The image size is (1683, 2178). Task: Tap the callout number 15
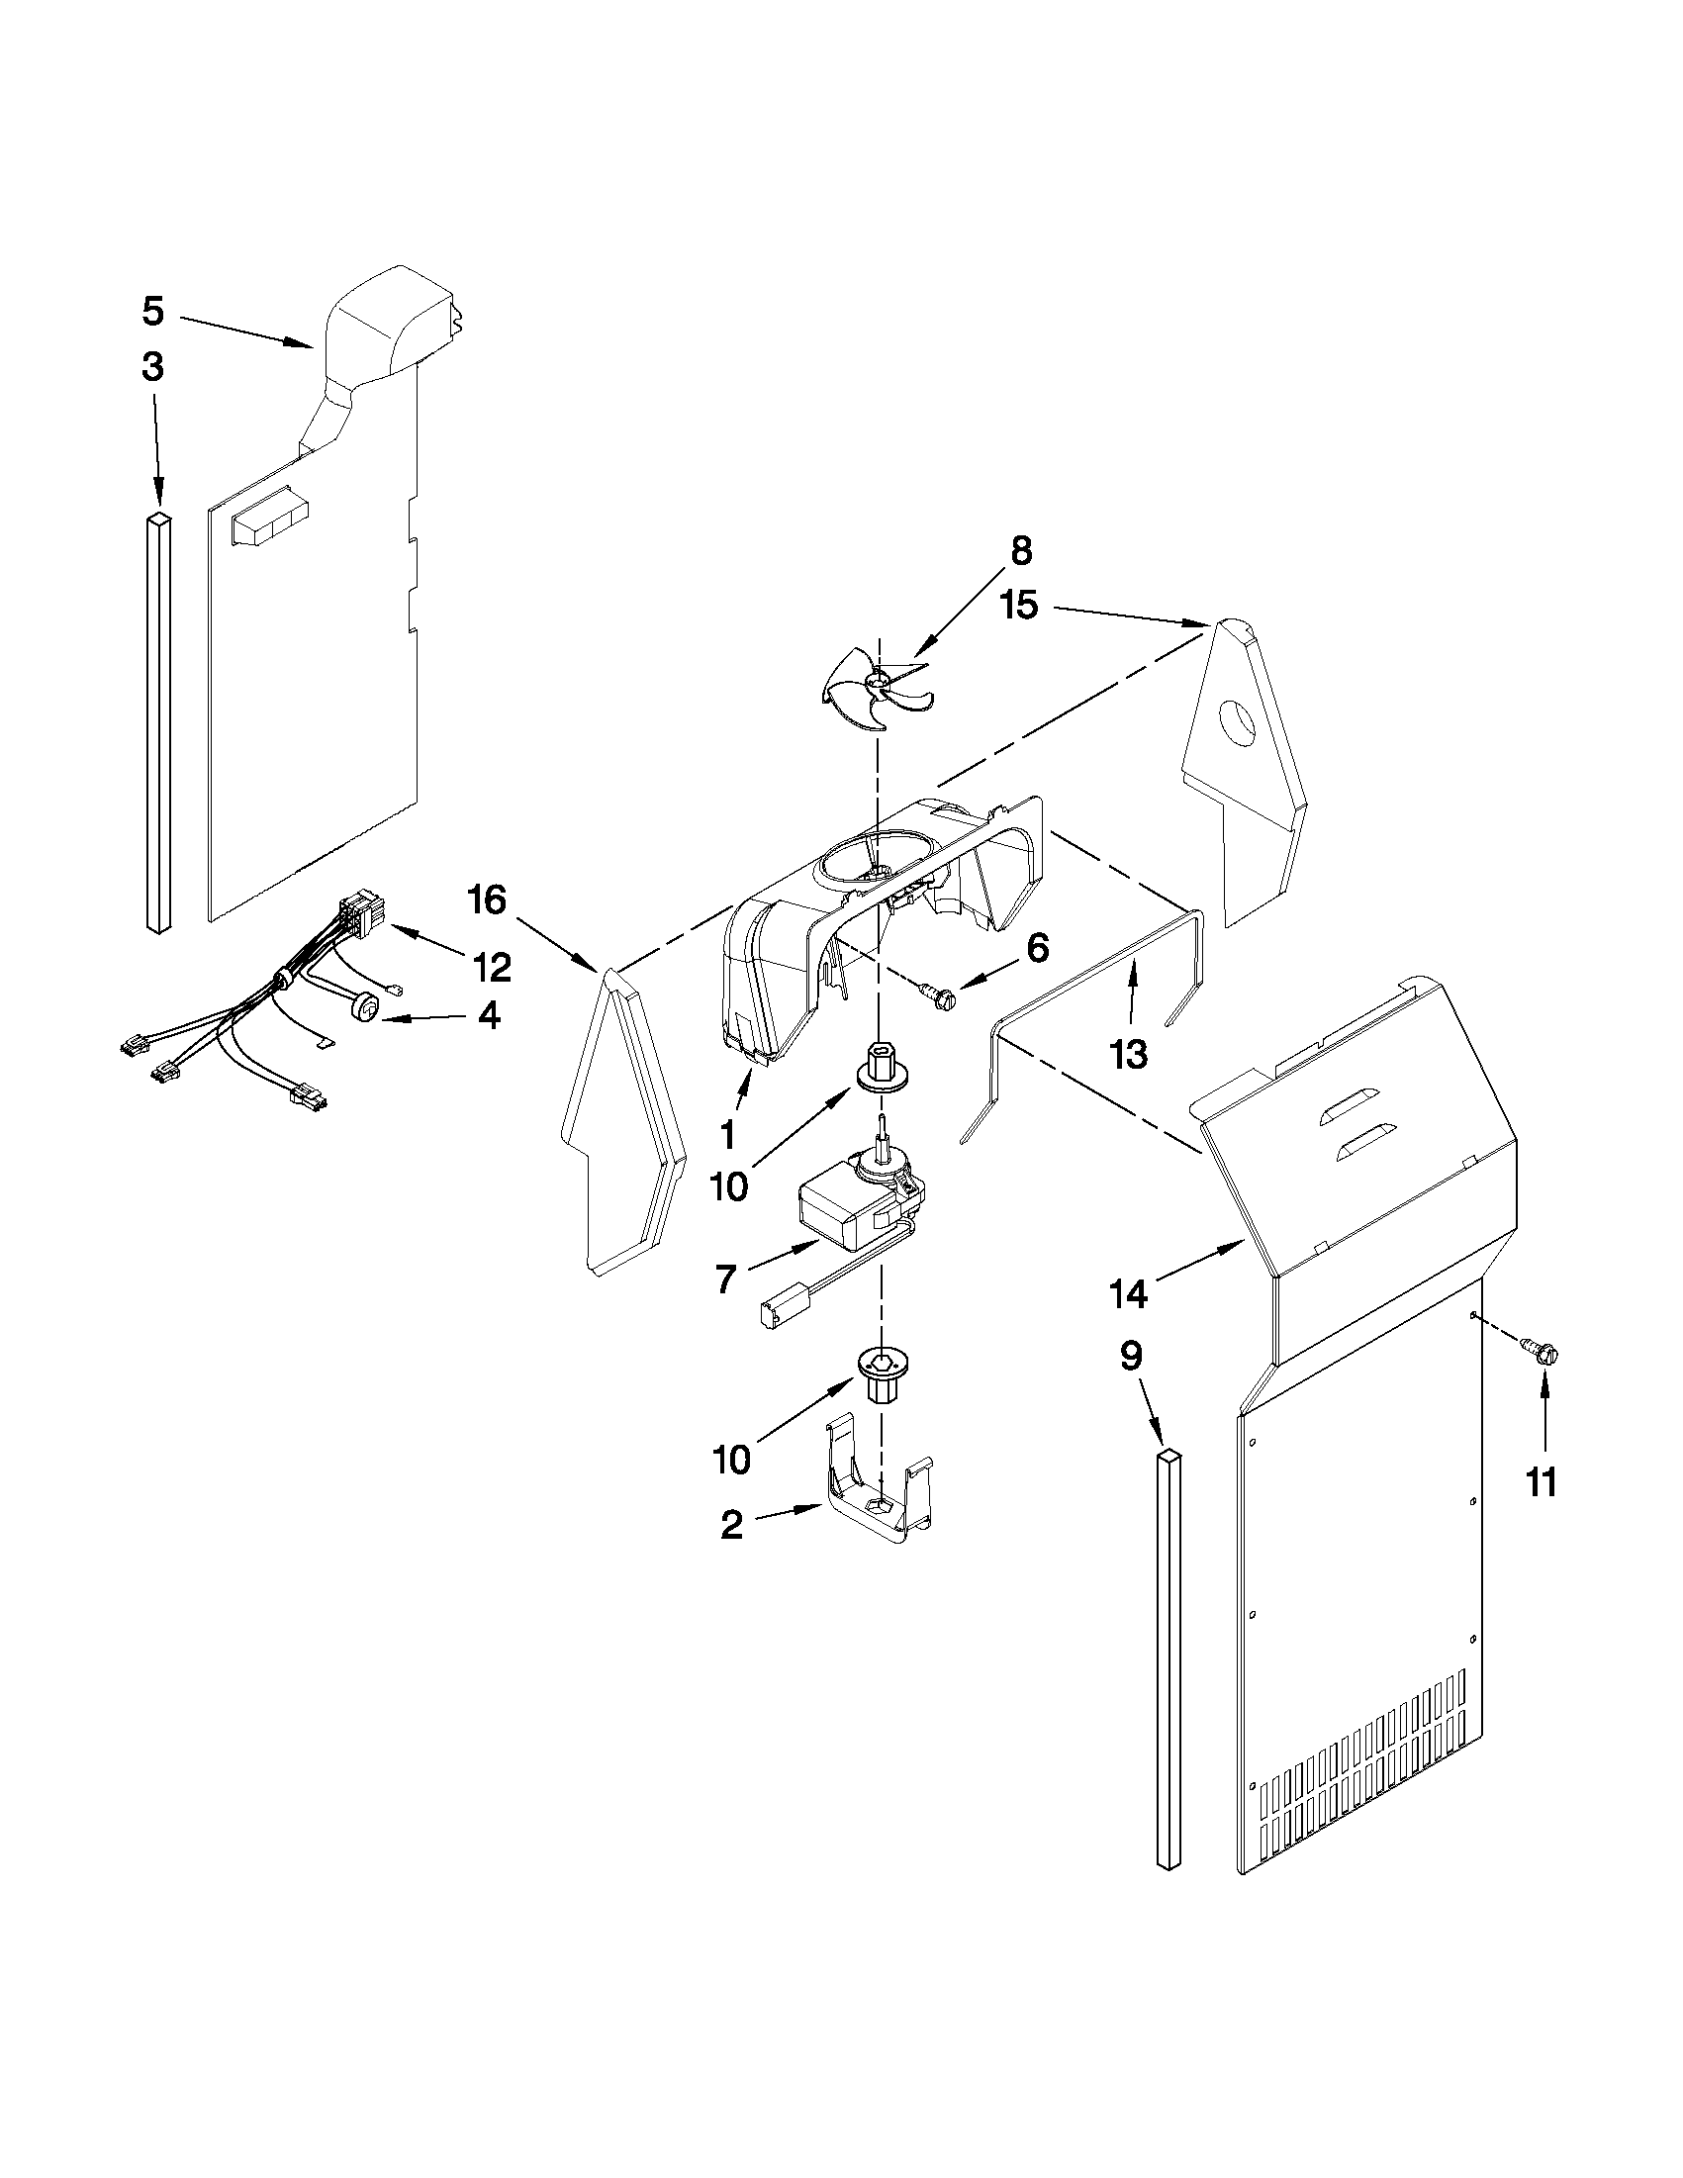click(x=1019, y=605)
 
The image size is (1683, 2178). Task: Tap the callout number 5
click(x=151, y=311)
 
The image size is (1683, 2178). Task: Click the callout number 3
click(x=151, y=367)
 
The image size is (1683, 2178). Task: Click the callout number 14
click(x=1129, y=1293)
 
